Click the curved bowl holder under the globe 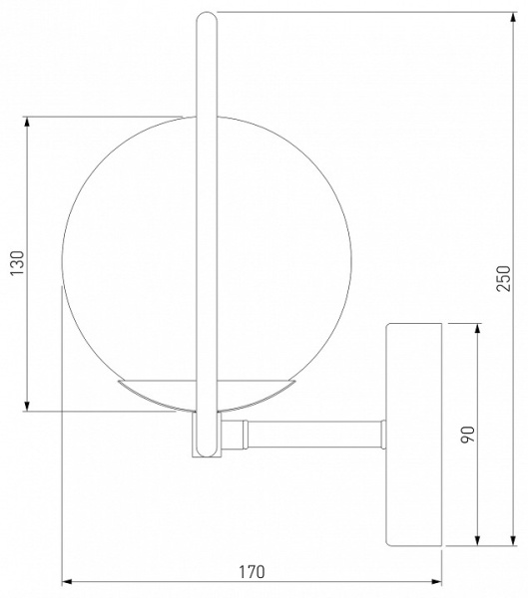[207, 396]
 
